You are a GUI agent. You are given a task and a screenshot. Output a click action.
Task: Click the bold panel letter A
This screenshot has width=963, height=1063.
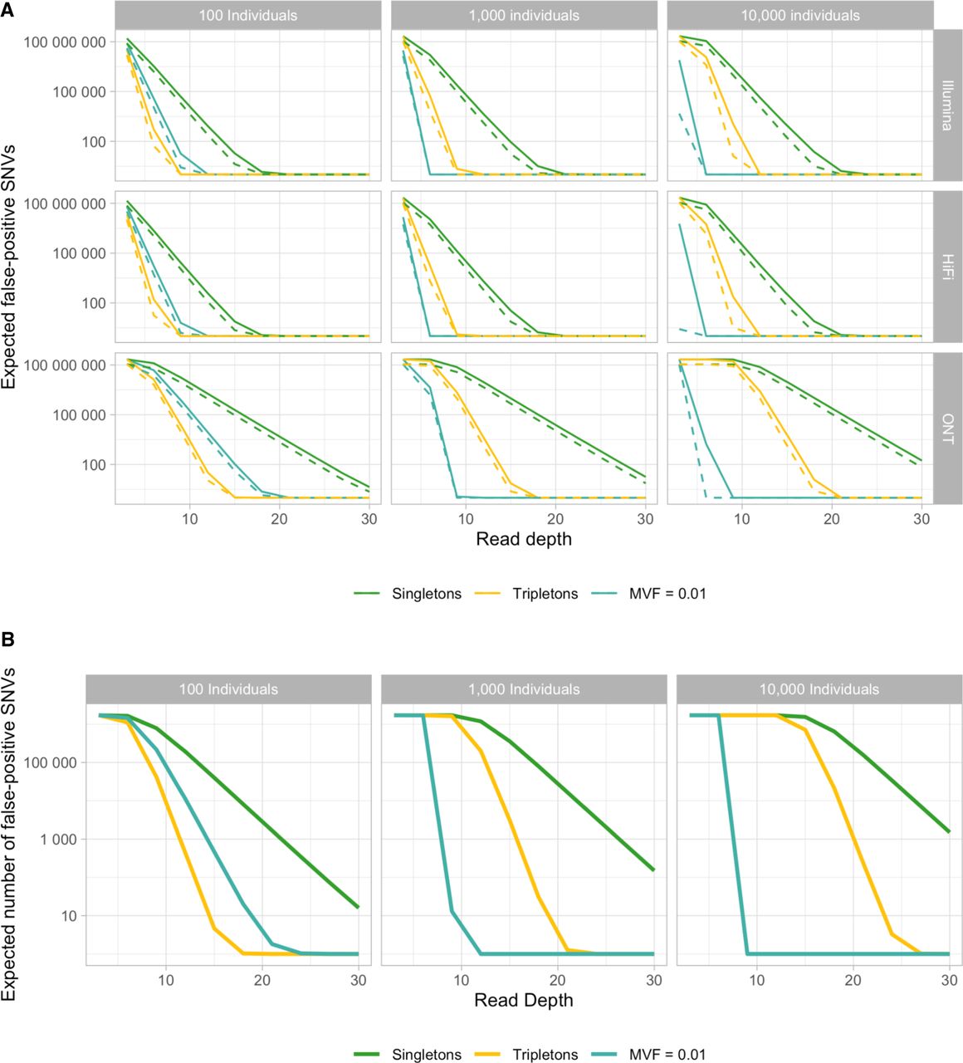7,9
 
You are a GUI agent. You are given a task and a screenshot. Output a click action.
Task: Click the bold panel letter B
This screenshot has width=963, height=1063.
7,639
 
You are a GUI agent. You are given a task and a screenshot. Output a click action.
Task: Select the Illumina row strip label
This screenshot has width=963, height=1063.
947,105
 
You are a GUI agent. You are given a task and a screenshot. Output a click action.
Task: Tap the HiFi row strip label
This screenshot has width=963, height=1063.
947,267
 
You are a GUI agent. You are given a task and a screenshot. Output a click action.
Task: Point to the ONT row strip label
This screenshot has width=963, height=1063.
947,429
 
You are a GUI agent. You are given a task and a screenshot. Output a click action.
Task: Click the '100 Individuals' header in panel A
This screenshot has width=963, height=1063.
248,16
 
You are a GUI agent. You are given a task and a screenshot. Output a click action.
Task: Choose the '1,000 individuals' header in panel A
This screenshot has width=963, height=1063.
524,16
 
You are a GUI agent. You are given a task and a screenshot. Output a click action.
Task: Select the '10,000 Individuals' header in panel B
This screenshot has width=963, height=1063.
819,689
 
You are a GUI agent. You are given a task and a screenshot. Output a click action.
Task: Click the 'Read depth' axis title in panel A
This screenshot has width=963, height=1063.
524,539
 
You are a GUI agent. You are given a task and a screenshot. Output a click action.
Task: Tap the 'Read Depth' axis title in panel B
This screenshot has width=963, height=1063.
524,1000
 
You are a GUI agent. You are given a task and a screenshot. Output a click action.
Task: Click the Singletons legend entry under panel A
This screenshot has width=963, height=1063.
408,594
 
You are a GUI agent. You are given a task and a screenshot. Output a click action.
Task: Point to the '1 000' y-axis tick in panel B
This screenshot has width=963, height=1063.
58,840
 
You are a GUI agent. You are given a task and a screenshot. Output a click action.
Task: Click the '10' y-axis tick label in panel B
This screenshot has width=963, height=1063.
69,916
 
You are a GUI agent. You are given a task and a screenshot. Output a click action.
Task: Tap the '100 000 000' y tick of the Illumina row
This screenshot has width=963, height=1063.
65,42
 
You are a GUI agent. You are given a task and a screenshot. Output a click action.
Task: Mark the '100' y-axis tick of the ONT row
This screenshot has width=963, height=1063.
93,465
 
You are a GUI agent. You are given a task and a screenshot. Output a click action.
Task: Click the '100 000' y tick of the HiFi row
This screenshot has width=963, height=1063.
79,253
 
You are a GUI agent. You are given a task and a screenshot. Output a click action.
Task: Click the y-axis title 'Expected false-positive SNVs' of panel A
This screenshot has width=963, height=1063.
8,267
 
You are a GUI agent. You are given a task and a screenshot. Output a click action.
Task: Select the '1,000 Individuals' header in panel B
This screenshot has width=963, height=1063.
524,689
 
